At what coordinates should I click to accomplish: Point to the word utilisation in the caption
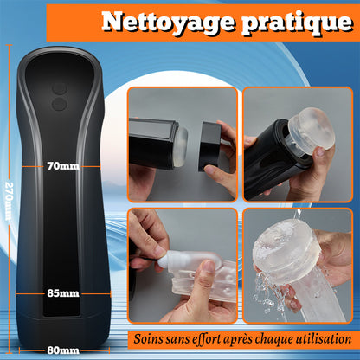pos(320,337)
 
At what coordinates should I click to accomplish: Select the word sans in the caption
pos(181,337)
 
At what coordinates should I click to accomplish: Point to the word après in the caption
pos(242,337)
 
